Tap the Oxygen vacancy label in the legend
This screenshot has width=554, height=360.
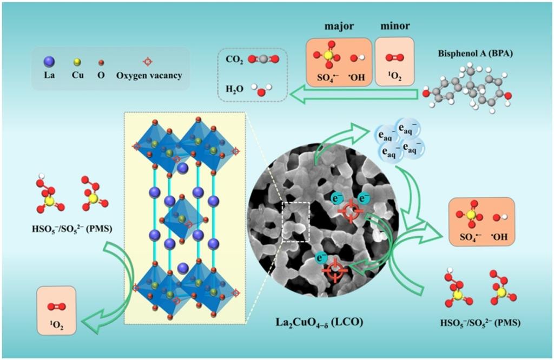(149, 75)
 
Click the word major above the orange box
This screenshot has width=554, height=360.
(339, 26)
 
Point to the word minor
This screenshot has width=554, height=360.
(394, 26)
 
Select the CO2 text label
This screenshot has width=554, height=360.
(232, 58)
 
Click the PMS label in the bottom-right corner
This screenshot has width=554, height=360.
(480, 323)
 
